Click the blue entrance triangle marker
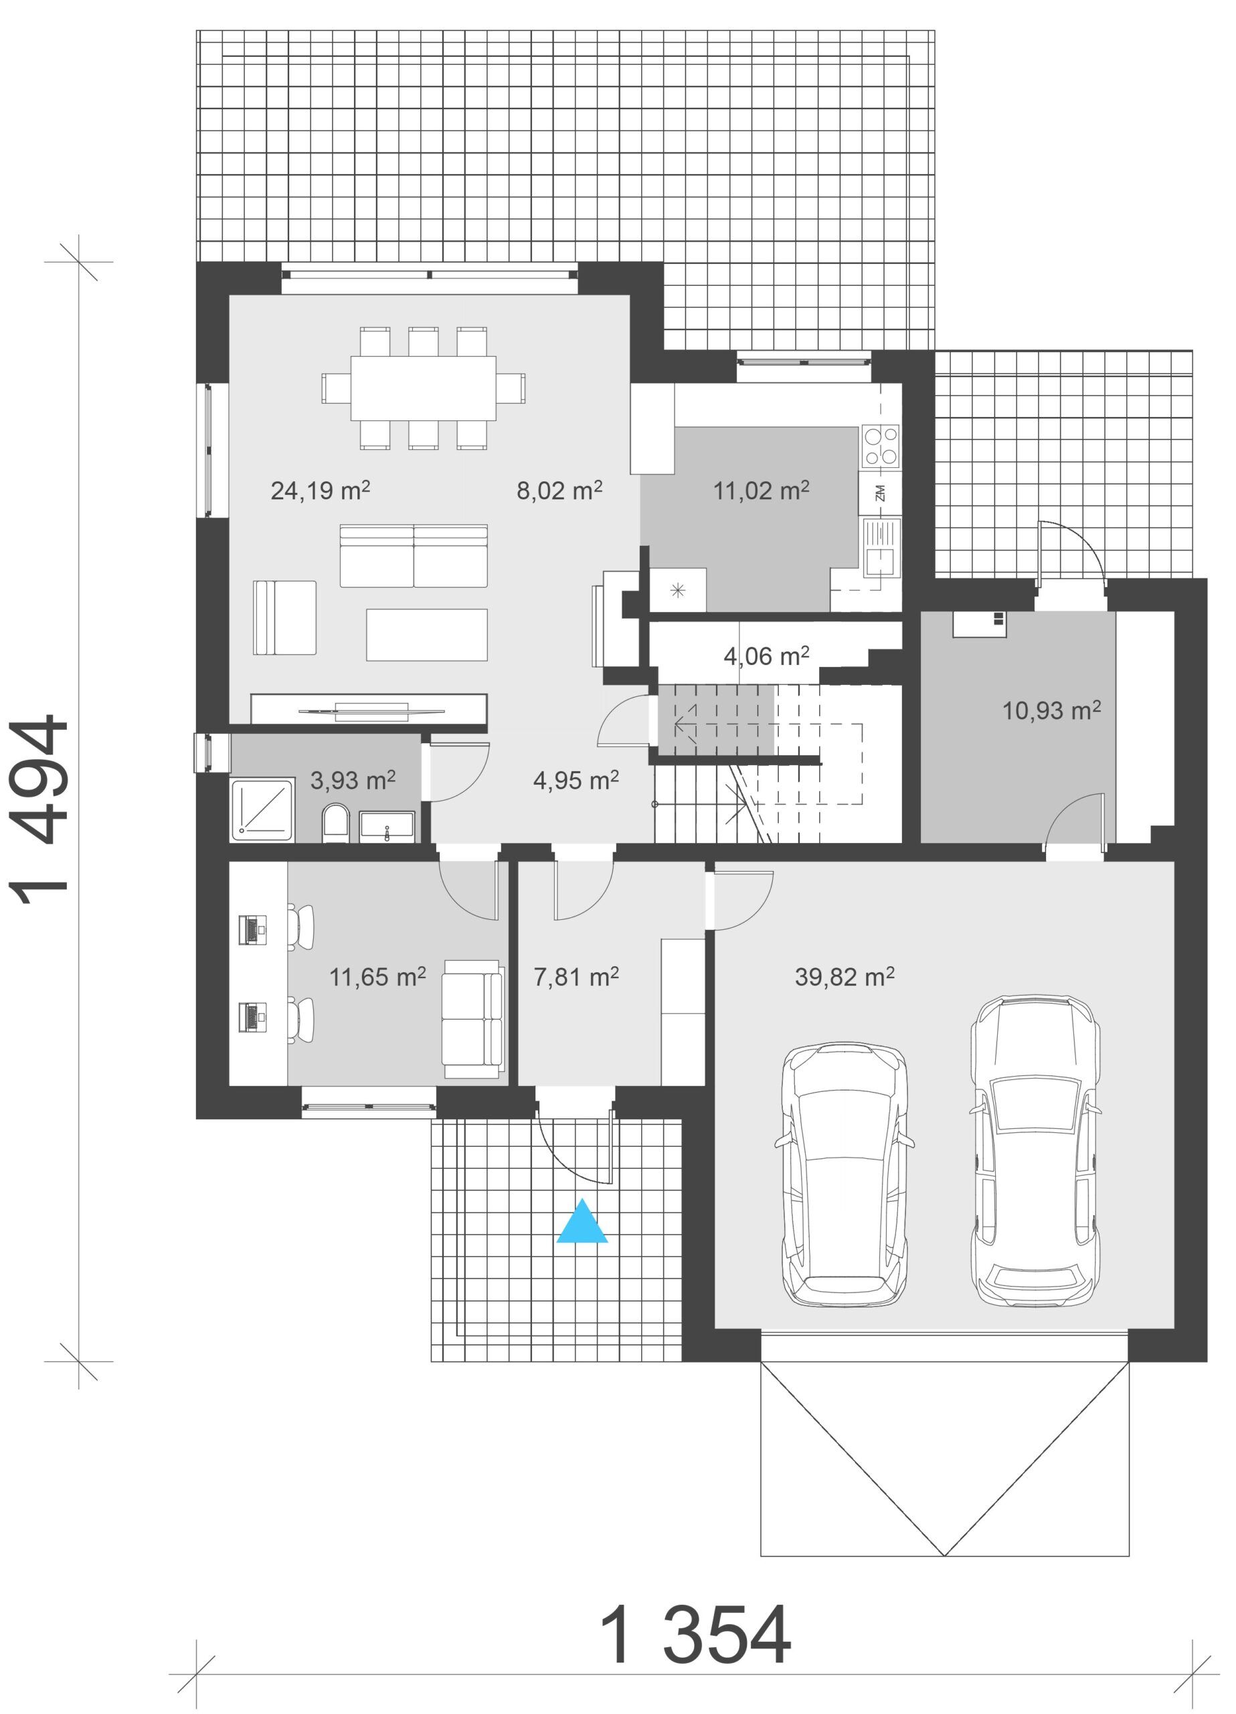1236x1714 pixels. pos(582,1222)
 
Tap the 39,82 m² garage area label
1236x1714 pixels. pos(844,977)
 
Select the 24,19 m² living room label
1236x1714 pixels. pos(321,491)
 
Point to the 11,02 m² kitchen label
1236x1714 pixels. pos(761,491)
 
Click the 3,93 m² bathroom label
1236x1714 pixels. pos(353,780)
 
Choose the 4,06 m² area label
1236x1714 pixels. pos(766,656)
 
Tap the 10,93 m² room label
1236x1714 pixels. pos(1051,710)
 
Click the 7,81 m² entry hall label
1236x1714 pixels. pos(576,977)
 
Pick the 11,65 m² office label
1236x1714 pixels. pos(377,977)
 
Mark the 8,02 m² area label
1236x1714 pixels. pos(559,491)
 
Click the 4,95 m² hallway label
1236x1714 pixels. pos(576,780)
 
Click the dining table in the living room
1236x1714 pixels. pos(423,388)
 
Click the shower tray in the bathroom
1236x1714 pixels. pos(262,810)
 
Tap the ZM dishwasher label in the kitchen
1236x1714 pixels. pos(880,493)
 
